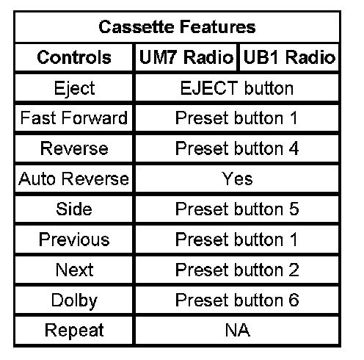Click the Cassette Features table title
click(177, 26)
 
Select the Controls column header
click(74, 57)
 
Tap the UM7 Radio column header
click(186, 57)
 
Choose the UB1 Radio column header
click(289, 57)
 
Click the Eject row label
click(74, 88)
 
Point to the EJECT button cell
click(237, 88)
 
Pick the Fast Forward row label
click(74, 118)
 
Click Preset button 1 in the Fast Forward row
click(236, 118)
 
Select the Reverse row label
click(74, 148)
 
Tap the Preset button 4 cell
click(237, 148)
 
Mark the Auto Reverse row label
click(73, 179)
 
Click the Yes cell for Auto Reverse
click(237, 179)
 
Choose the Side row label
click(74, 209)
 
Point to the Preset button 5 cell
click(237, 209)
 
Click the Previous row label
click(74, 240)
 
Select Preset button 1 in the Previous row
click(236, 240)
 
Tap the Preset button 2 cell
click(237, 270)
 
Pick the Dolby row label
click(74, 301)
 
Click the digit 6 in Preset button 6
click(294, 300)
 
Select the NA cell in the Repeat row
click(237, 330)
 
